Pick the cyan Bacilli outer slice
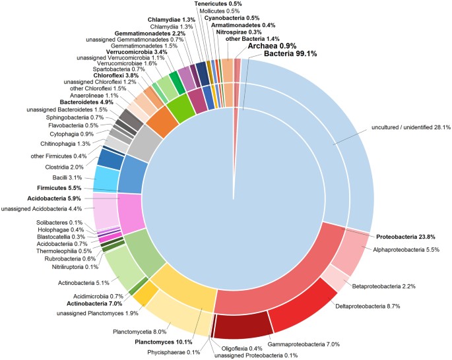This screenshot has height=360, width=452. pyautogui.click(x=106, y=179)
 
